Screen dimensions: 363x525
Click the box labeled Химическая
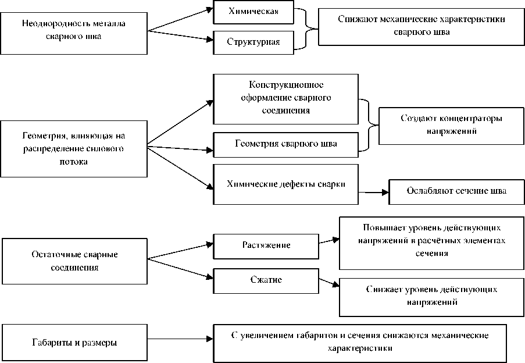pos(253,12)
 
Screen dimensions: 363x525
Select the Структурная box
pos(253,42)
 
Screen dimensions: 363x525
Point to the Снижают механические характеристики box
pos(421,26)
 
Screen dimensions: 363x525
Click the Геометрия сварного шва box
pos(285,144)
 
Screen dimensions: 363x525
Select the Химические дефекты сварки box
pos(285,184)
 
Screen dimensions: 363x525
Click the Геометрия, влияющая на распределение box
pos(73,148)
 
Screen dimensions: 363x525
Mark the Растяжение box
pos(266,245)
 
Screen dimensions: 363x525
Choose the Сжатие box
pos(266,280)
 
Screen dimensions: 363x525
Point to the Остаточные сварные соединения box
pos(73,261)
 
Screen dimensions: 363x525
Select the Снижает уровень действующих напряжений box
pos(431,296)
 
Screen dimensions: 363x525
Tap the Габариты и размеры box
pos(73,342)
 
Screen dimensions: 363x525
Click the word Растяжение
pos(266,245)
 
